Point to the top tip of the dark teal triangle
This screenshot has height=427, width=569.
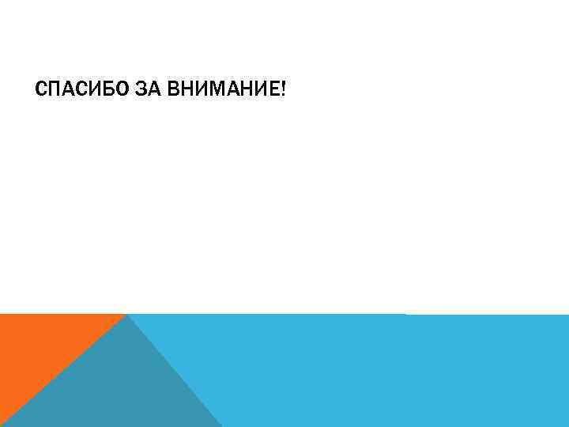(x=127, y=316)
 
